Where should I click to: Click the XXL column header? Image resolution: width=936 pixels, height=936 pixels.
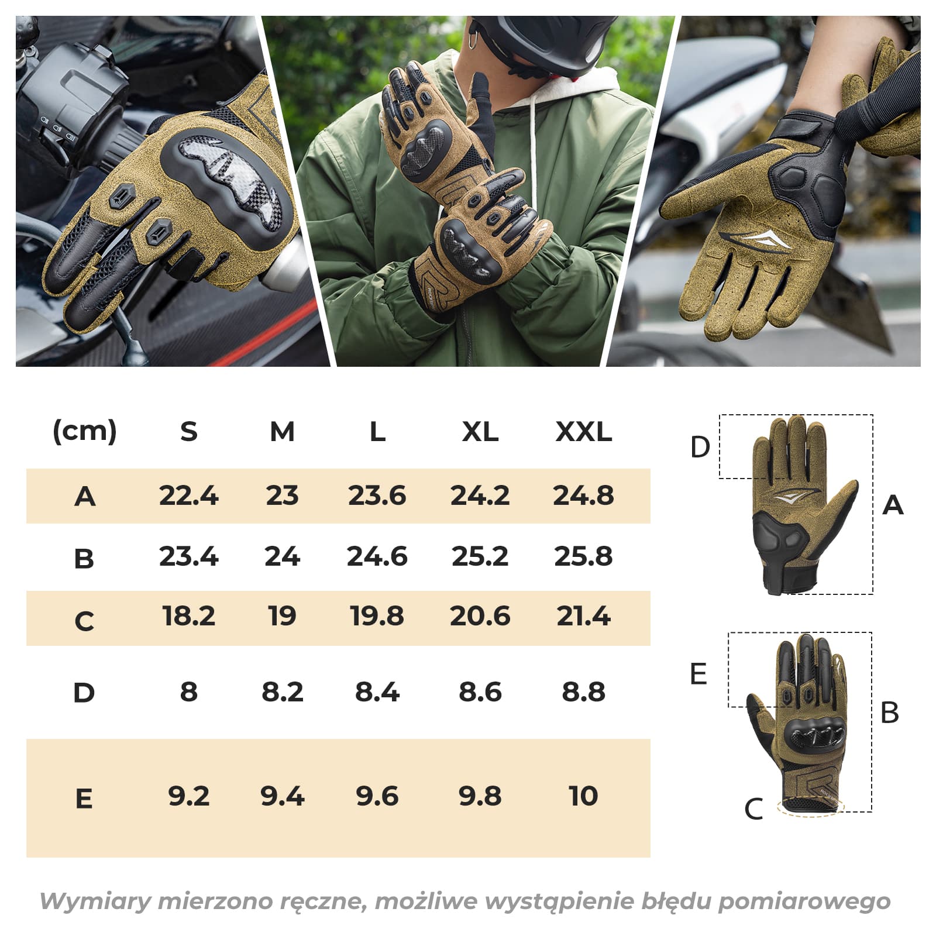tap(583, 432)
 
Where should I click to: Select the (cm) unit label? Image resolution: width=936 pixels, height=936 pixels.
tap(85, 432)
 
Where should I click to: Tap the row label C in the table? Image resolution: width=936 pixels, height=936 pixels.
tap(84, 621)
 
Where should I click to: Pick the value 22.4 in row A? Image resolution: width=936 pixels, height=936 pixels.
tap(188, 495)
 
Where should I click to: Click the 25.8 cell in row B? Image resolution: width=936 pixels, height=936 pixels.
tap(583, 556)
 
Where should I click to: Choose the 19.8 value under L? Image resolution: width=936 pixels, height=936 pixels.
tap(377, 616)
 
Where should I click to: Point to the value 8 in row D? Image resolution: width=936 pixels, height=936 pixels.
tap(188, 691)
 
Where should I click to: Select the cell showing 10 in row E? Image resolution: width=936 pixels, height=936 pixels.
tap(583, 796)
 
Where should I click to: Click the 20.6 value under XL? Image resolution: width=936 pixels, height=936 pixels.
tap(480, 616)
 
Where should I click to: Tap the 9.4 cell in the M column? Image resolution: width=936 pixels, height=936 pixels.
tap(283, 796)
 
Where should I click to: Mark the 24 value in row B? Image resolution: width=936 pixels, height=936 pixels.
tap(282, 556)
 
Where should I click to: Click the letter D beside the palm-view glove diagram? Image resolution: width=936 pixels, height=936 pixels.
tap(700, 447)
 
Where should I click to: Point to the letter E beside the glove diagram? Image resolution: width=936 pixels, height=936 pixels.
tap(698, 674)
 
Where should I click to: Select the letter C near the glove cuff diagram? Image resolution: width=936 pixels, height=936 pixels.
tap(753, 810)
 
